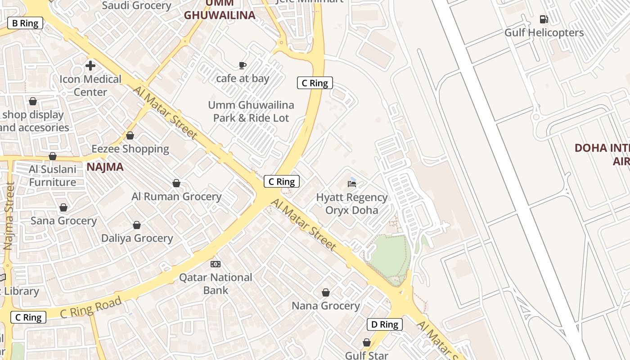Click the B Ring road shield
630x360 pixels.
(25, 23)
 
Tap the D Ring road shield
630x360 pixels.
(384, 324)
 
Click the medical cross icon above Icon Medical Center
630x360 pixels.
(90, 66)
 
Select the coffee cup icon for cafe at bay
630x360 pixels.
(243, 66)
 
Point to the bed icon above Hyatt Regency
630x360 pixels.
(352, 184)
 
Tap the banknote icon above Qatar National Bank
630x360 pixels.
(216, 264)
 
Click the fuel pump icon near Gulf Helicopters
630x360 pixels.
(544, 19)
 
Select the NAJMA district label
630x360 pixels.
(105, 167)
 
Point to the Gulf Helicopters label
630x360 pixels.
(544, 33)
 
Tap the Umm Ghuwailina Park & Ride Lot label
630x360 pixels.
(251, 112)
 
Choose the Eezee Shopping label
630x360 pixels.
(130, 149)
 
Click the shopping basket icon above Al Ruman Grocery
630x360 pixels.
(176, 183)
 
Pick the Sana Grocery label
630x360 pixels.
(63, 221)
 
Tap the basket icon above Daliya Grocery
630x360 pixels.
(137, 225)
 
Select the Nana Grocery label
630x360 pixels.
(326, 306)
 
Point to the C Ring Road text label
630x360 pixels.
(91, 307)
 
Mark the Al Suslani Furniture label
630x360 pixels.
(53, 176)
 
